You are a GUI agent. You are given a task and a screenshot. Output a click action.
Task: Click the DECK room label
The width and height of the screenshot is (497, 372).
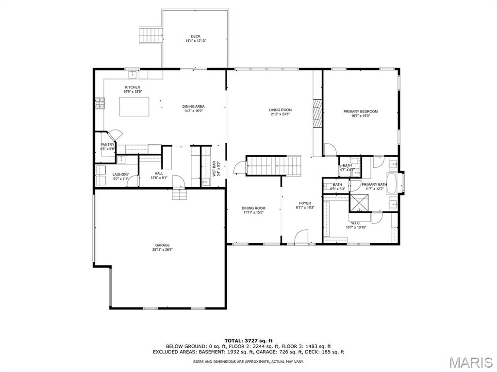tap(195, 36)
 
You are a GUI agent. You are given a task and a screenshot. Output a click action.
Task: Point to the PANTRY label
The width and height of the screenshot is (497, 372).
tap(107, 145)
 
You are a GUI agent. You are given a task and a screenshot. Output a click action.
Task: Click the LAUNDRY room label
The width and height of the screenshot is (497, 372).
tap(120, 174)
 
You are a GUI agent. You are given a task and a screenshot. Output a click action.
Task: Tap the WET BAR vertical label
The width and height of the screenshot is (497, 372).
tap(214, 168)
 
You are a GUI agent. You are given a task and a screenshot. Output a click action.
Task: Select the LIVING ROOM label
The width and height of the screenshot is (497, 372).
tap(280, 110)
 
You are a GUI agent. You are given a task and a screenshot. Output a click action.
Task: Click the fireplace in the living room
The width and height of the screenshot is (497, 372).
tap(317, 113)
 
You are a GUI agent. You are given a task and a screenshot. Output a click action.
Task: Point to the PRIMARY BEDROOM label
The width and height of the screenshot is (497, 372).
tap(360, 112)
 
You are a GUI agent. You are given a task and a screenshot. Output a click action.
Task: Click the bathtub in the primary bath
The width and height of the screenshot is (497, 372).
tap(391, 184)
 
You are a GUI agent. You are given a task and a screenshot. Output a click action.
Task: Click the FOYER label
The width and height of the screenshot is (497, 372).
tap(305, 203)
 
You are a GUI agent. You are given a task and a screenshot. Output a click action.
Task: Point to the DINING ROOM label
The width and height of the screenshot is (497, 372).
tap(254, 208)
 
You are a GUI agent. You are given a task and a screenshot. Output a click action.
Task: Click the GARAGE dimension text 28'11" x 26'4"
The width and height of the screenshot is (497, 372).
tap(162, 250)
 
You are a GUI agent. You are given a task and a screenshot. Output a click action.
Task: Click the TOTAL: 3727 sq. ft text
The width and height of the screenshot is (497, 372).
tap(248, 340)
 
